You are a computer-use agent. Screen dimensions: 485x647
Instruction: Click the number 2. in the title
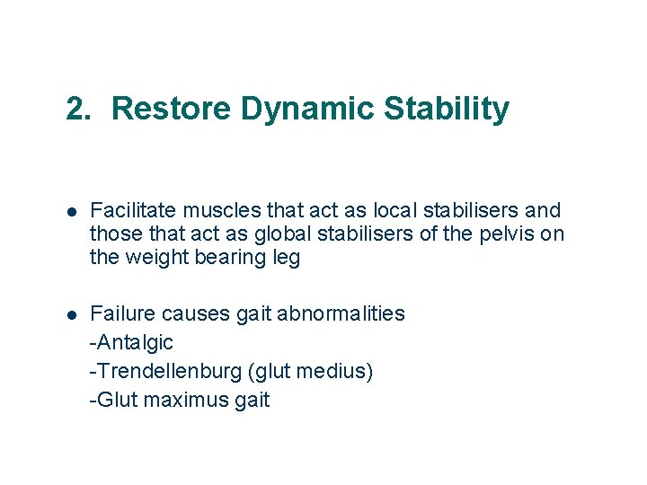79,109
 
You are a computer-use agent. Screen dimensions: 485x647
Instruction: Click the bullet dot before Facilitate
71,212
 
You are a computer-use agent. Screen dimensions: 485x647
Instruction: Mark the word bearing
225,259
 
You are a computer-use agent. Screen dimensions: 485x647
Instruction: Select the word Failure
124,314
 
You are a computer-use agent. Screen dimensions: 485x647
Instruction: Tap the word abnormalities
341,314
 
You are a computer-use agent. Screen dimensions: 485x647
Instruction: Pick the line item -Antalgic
131,343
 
